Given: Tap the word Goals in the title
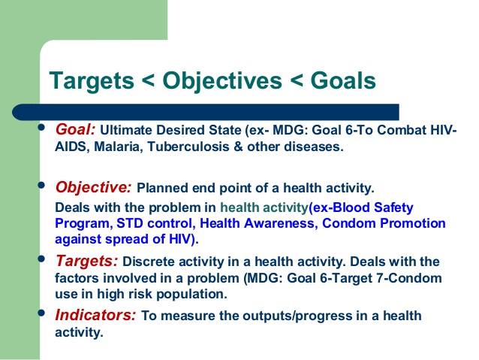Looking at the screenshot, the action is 343,80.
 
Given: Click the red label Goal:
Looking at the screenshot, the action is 76,130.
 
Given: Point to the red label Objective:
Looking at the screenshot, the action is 94,187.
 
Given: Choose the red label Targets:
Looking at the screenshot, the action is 87,262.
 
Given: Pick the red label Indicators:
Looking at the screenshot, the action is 95,315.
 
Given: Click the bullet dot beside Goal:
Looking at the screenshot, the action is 41,127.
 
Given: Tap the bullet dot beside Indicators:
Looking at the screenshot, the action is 41,313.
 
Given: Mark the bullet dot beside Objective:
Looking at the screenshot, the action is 41,185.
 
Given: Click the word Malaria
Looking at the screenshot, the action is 119,147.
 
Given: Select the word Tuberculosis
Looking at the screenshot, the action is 188,147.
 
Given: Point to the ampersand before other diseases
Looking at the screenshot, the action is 238,147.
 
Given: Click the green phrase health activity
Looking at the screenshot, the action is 264,208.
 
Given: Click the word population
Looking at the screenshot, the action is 191,295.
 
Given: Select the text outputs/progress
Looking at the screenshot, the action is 297,316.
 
